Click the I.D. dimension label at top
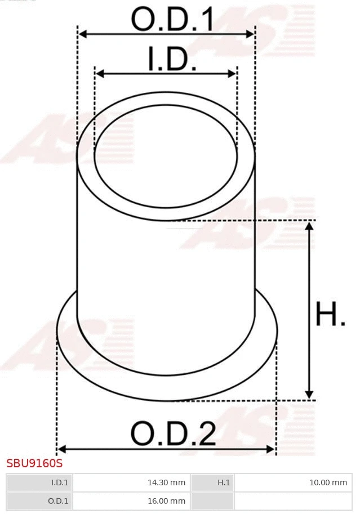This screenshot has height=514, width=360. tap(172, 60)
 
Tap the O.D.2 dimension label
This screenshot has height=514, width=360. tap(173, 434)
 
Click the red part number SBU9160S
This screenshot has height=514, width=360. tap(34, 464)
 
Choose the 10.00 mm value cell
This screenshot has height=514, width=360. tap(293, 482)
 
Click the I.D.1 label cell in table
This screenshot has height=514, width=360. tap(39, 482)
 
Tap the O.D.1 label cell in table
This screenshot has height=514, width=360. tap(39, 500)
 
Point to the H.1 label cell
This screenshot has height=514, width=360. tap(212, 482)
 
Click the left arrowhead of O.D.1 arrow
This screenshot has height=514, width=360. tap(82, 34)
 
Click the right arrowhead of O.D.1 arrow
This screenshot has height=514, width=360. tap(251, 34)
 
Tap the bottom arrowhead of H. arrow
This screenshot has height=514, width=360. tap(309, 395)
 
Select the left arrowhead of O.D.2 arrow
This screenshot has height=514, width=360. tap(62, 449)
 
